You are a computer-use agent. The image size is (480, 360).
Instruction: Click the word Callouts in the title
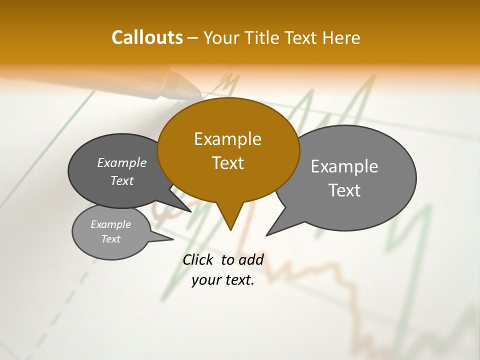147,37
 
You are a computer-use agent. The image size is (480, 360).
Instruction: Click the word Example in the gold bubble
227,139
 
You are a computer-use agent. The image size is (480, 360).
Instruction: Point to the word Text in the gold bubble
227,163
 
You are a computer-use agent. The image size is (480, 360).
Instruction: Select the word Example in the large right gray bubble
344,166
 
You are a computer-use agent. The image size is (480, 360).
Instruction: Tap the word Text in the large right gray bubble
344,190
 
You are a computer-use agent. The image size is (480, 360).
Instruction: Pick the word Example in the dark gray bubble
121,162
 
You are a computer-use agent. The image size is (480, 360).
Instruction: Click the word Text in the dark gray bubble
121,180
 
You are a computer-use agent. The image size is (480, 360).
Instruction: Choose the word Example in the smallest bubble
110,224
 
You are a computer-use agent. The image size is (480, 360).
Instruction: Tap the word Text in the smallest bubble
110,239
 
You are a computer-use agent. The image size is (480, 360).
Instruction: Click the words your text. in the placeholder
223,280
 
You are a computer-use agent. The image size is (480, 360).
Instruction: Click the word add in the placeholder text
251,259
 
